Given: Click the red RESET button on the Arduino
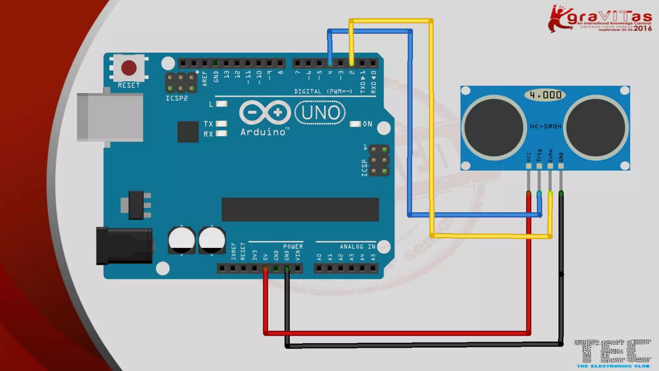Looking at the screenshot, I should [x=129, y=68].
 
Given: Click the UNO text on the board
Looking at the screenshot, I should [x=320, y=113].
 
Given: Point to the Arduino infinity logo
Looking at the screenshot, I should [x=265, y=112].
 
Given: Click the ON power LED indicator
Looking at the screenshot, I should [x=355, y=124].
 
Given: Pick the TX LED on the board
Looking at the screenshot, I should [x=221, y=124].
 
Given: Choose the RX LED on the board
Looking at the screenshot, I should [x=221, y=133].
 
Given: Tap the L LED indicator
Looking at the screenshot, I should [x=221, y=104].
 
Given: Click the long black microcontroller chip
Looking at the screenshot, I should [x=300, y=210].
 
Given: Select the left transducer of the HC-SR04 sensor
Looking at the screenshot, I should [x=494, y=128].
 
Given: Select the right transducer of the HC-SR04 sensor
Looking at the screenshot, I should [x=596, y=128].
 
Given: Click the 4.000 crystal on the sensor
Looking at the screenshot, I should [x=545, y=95].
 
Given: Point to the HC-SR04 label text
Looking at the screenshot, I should [x=545, y=126].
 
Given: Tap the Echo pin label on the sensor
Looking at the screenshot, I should [x=550, y=156].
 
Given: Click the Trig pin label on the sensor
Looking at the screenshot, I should [x=539, y=155].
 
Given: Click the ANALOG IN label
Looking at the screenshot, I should [x=357, y=247].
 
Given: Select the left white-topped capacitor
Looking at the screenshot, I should [x=181, y=240].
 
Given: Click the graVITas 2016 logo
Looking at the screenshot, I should [x=600, y=19].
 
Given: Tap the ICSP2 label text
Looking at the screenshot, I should [x=176, y=98].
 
